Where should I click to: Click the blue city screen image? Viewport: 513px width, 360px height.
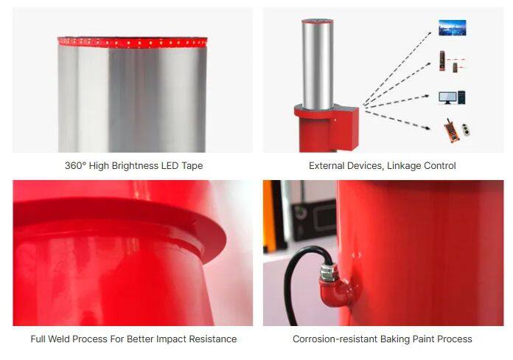(452, 27)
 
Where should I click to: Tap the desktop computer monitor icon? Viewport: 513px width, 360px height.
(447, 97)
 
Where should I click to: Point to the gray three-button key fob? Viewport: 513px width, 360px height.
(467, 129)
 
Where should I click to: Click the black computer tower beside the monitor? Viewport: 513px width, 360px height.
(461, 97)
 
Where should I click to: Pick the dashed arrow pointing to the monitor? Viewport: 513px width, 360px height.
(397, 100)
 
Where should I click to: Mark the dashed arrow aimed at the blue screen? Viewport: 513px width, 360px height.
(397, 68)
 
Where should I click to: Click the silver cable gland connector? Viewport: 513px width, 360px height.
(327, 272)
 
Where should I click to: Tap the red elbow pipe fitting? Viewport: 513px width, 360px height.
(337, 291)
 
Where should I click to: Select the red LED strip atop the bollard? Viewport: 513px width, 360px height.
(132, 42)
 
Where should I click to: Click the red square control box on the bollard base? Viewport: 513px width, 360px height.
(343, 129)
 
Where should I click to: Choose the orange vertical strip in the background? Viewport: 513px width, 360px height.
(269, 216)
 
